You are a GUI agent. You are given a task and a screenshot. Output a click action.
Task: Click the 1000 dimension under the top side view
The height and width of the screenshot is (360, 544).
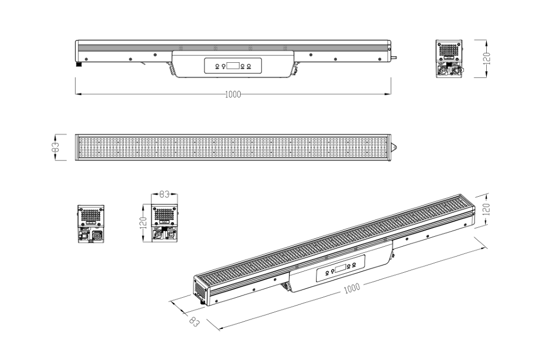click(233, 94)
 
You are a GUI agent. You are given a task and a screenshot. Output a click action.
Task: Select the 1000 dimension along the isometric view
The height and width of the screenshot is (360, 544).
click(352, 288)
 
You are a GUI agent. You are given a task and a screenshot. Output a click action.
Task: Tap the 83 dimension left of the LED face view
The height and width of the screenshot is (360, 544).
click(55, 147)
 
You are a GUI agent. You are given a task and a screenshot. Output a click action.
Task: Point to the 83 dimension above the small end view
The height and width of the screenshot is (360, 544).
click(164, 194)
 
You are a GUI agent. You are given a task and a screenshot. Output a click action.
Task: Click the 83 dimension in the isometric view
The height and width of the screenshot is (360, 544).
click(194, 322)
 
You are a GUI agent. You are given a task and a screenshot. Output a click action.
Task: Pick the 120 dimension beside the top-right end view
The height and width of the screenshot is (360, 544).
click(487, 58)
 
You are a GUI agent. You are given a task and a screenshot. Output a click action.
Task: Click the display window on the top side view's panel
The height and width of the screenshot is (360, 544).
click(232, 66)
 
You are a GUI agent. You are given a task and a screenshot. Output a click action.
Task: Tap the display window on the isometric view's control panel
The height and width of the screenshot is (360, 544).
click(341, 268)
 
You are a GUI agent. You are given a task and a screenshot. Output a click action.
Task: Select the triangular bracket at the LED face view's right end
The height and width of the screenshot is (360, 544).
click(393, 147)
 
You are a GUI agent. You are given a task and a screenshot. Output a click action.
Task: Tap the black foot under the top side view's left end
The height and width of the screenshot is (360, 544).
click(79, 64)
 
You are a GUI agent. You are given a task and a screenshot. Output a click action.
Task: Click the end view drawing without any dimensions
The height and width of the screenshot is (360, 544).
click(91, 223)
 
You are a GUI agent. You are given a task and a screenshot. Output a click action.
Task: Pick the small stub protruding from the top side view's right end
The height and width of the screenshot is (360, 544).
click(394, 58)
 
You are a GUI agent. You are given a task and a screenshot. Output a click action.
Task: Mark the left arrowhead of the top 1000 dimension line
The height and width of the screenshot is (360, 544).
click(78, 94)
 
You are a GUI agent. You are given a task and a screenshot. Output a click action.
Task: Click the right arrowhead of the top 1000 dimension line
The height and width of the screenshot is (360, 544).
click(387, 94)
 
